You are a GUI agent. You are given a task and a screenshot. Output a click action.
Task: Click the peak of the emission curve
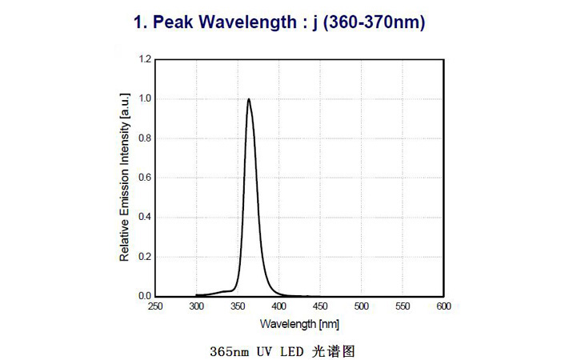pyautogui.click(x=249, y=99)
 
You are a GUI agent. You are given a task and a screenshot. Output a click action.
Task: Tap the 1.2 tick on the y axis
pyautogui.click(x=145, y=59)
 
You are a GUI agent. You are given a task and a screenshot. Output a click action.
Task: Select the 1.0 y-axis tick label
pyautogui.click(x=145, y=99)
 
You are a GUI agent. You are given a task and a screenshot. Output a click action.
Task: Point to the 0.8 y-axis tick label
pyautogui.click(x=145, y=138)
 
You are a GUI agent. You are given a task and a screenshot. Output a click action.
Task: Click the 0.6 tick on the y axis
pyautogui.click(x=145, y=178)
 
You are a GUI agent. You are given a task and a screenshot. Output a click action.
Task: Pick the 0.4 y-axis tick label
pyautogui.click(x=145, y=217)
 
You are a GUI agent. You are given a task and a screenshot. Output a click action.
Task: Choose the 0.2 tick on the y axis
pyautogui.click(x=145, y=257)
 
